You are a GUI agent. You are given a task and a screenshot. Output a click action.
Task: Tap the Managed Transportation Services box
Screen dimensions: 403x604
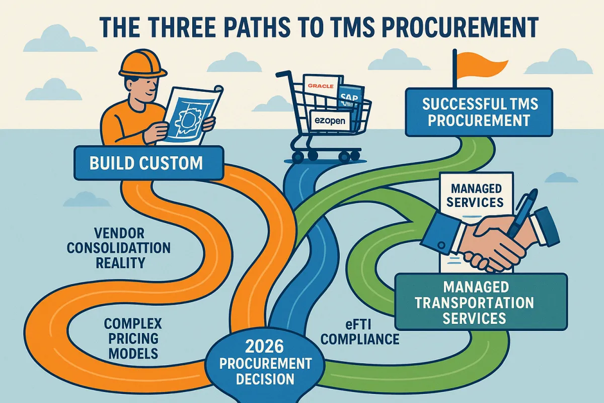point(481,302)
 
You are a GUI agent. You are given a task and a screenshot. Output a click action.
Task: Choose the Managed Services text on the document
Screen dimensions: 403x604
point(477,195)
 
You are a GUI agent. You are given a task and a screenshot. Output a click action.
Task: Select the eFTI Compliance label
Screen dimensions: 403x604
point(359,330)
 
